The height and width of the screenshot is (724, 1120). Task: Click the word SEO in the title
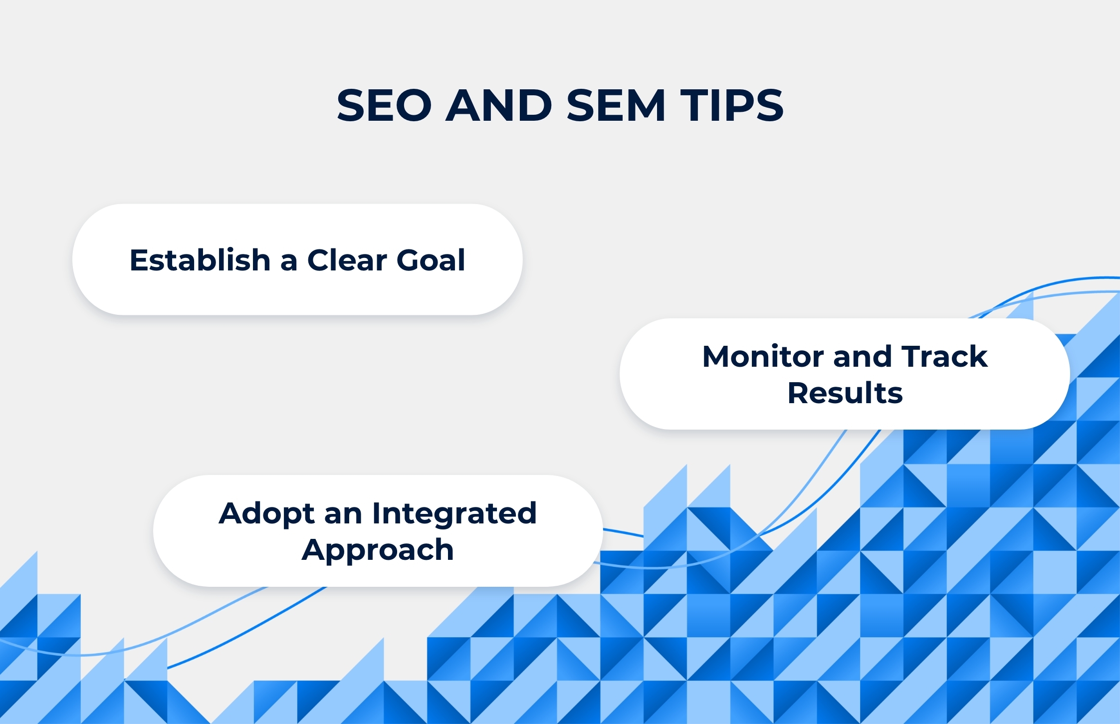(x=384, y=105)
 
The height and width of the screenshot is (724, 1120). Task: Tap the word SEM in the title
(x=616, y=105)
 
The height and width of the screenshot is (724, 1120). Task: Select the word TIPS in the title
(x=732, y=105)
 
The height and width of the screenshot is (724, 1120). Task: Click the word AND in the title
(x=499, y=105)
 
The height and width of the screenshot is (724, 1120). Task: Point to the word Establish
(x=200, y=259)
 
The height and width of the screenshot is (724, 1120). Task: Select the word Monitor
(x=763, y=356)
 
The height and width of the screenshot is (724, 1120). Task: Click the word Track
(x=944, y=356)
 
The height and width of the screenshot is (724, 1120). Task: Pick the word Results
(x=845, y=393)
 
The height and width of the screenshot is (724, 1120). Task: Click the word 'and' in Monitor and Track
(x=862, y=356)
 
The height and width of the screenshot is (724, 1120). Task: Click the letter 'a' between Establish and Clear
(x=288, y=262)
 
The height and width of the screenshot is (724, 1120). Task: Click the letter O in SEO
(x=413, y=105)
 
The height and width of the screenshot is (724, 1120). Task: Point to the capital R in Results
(x=798, y=393)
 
